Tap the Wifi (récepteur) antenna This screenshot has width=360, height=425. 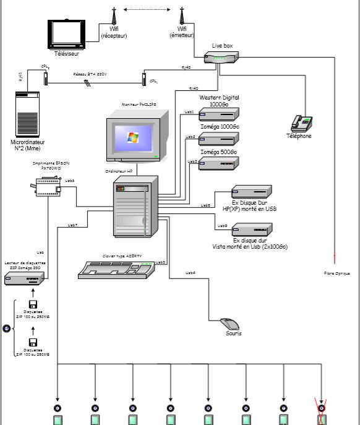114,17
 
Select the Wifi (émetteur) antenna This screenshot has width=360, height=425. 182,17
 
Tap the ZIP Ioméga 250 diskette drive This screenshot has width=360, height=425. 24,279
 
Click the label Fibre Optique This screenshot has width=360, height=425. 337,273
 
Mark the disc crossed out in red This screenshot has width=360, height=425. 321,408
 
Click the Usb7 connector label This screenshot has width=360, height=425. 72,225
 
